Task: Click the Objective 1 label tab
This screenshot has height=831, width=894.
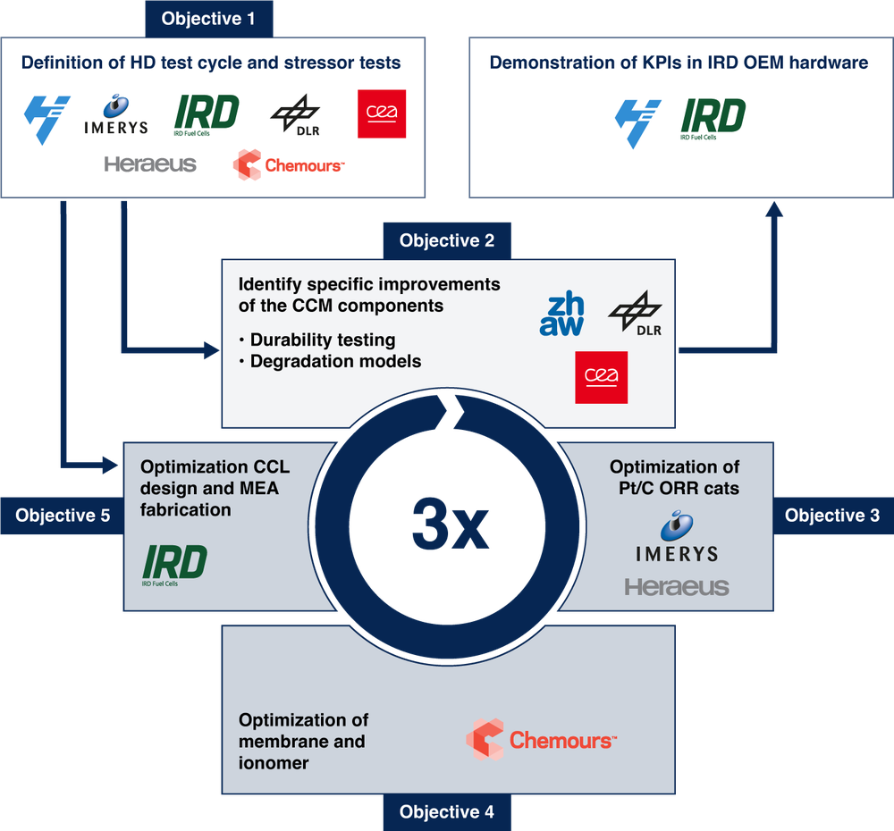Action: point(208,18)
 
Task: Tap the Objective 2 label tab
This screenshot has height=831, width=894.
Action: point(447,240)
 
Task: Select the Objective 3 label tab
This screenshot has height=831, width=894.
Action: point(832,516)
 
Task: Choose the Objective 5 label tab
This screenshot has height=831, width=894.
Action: point(62,516)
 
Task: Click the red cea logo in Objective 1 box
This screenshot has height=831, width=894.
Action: point(382,114)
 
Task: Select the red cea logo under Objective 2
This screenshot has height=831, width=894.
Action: point(601,377)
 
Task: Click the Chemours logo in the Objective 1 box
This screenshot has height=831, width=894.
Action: point(288,164)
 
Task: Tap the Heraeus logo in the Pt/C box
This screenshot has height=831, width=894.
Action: point(677,587)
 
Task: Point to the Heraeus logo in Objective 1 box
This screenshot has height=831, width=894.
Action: point(150,164)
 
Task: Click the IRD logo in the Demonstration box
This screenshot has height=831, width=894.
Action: point(713,117)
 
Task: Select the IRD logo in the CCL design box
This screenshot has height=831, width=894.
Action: point(175,564)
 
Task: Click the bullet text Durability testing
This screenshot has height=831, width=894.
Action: point(322,340)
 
